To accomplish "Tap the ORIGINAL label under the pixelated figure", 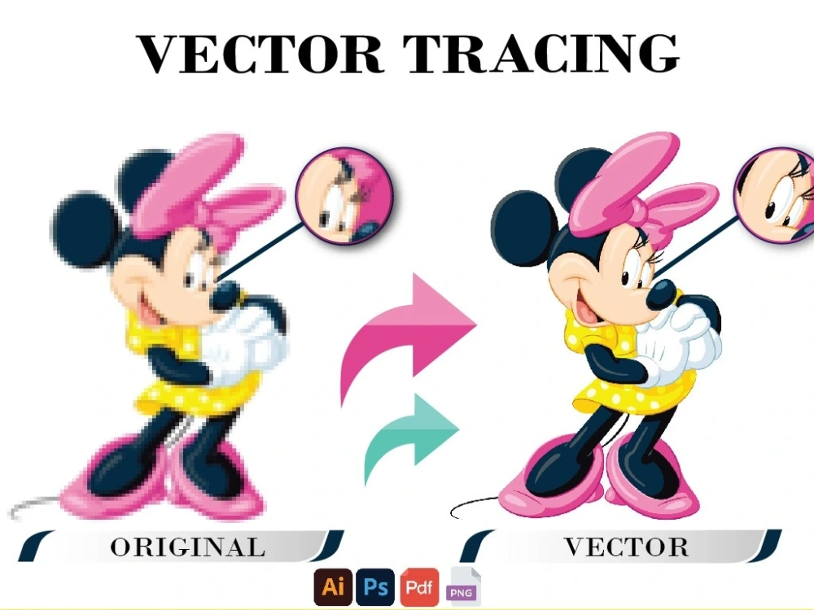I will pyautogui.click(x=187, y=547).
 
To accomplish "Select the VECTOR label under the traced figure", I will pyautogui.click(x=627, y=547).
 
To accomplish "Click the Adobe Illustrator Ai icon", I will pyautogui.click(x=333, y=587).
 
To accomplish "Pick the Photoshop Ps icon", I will pyautogui.click(x=375, y=587).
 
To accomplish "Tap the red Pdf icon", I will pyautogui.click(x=419, y=587).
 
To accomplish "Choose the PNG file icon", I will pyautogui.click(x=463, y=589).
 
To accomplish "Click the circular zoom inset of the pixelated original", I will pyautogui.click(x=344, y=199).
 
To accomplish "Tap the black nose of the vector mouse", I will pyautogui.click(x=662, y=294).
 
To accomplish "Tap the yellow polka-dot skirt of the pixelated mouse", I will pyautogui.click(x=195, y=390).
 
